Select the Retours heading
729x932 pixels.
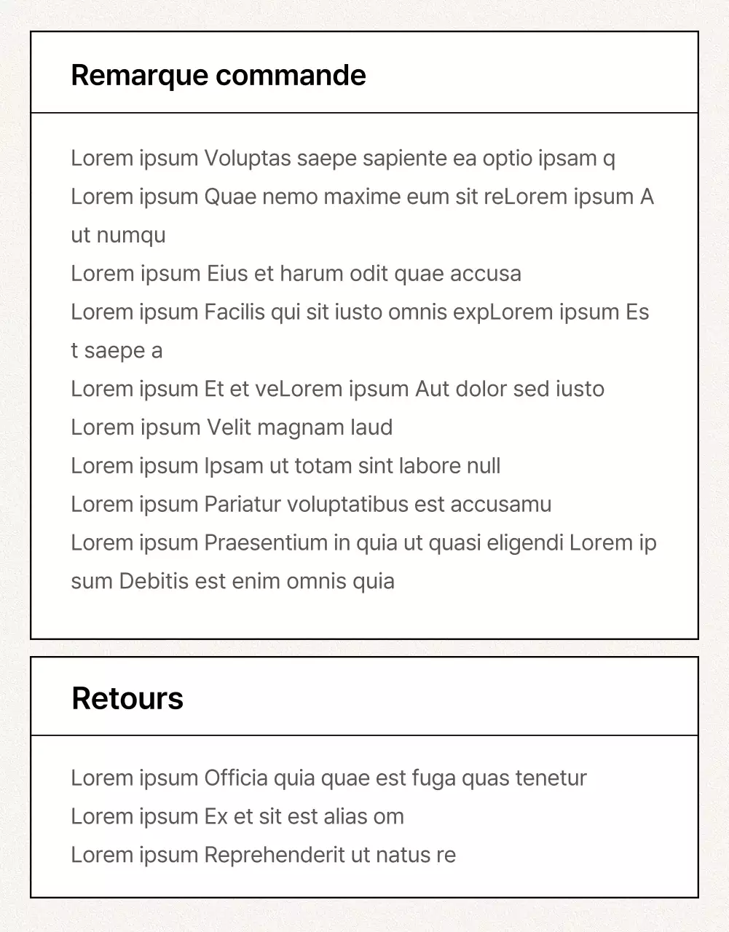(x=127, y=698)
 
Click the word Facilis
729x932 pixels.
(x=235, y=312)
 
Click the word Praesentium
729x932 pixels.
(x=266, y=543)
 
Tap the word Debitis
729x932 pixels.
(x=154, y=582)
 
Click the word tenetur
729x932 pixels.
(x=551, y=778)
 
